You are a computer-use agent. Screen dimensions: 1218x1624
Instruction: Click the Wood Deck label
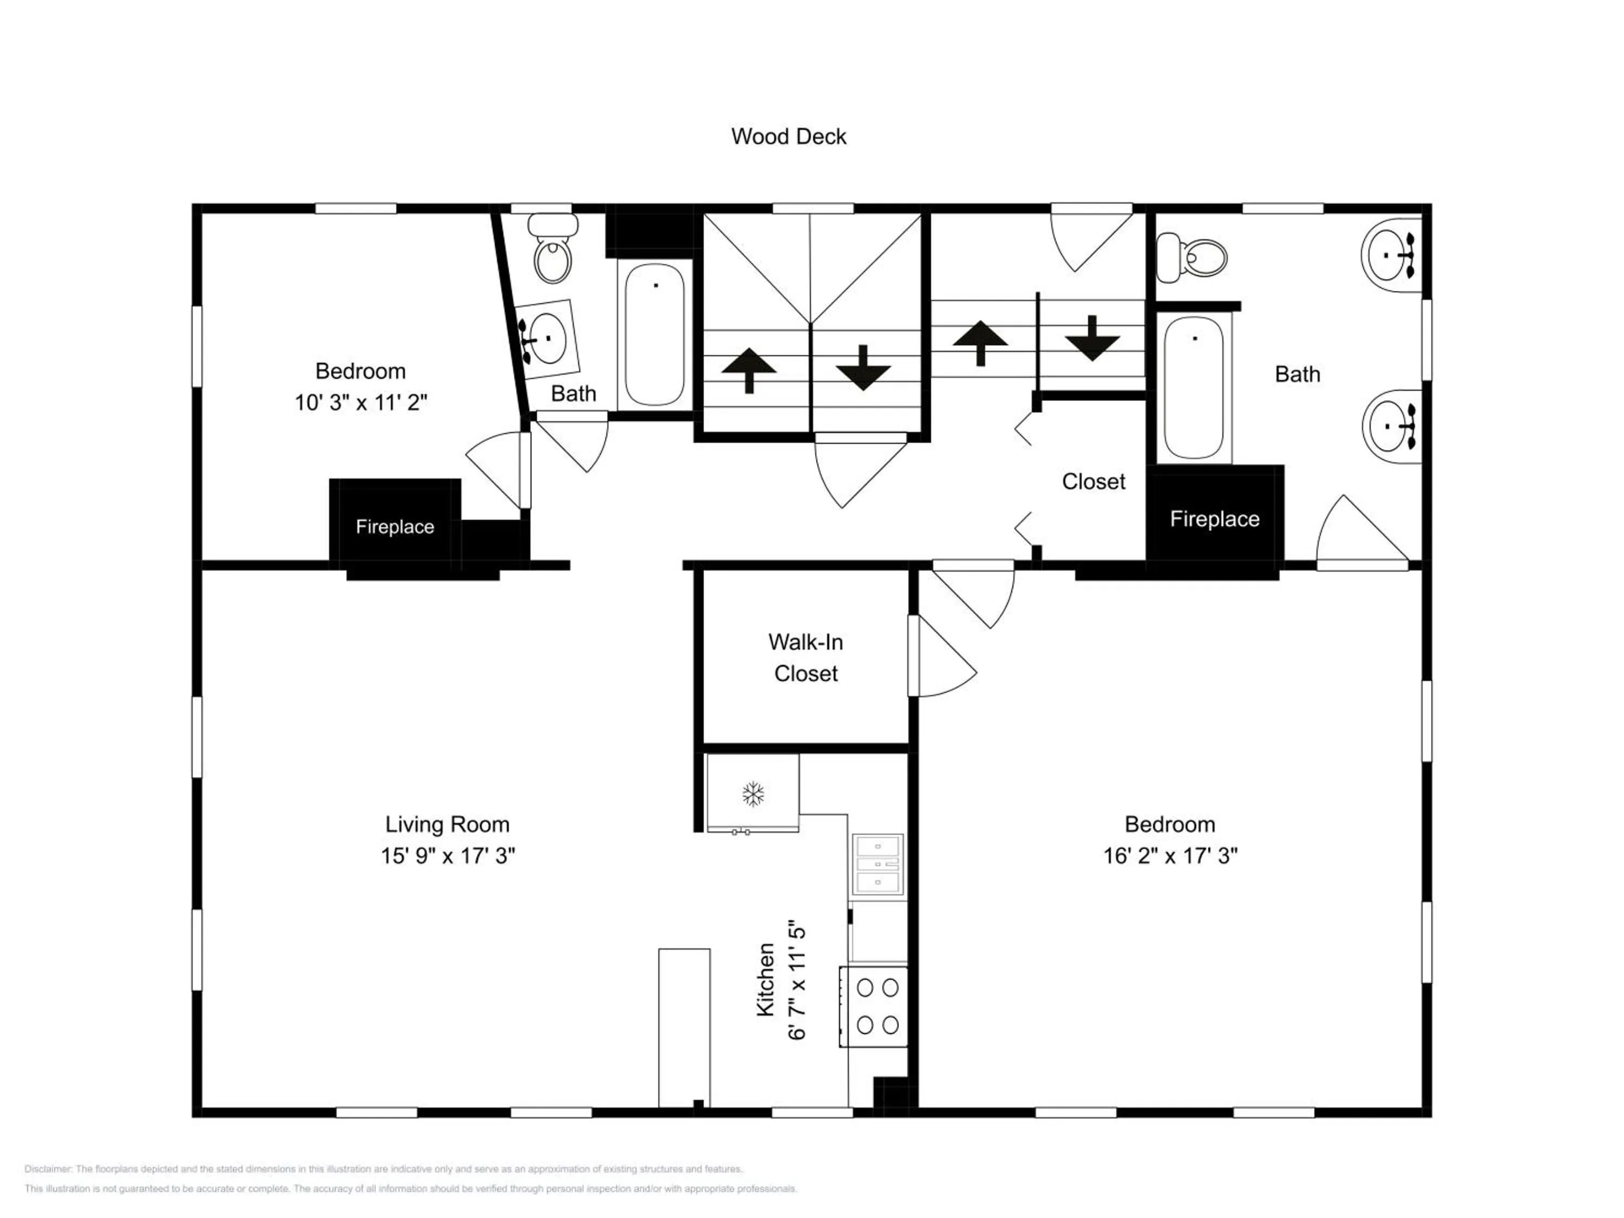click(x=789, y=136)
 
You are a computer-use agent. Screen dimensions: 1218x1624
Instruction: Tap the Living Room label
click(x=447, y=824)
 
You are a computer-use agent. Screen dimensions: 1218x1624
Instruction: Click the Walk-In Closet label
click(x=806, y=657)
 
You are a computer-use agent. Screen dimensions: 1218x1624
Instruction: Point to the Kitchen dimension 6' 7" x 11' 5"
click(x=797, y=980)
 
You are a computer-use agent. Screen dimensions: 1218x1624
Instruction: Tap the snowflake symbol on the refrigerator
click(x=752, y=794)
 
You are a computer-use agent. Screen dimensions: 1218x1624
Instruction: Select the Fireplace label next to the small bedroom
click(x=395, y=526)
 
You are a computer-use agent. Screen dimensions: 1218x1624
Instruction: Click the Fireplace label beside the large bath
click(x=1214, y=519)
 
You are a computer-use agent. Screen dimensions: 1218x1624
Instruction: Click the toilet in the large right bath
click(x=1193, y=258)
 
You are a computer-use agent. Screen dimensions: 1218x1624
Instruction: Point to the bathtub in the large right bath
click(x=1193, y=387)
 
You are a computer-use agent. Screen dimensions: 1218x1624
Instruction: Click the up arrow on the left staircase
click(x=748, y=369)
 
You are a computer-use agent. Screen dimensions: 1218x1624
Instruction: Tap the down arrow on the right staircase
click(x=1092, y=339)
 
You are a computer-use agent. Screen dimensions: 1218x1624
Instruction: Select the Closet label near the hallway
click(x=1092, y=482)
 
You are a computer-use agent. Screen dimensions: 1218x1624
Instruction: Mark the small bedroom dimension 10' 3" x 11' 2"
click(x=361, y=402)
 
